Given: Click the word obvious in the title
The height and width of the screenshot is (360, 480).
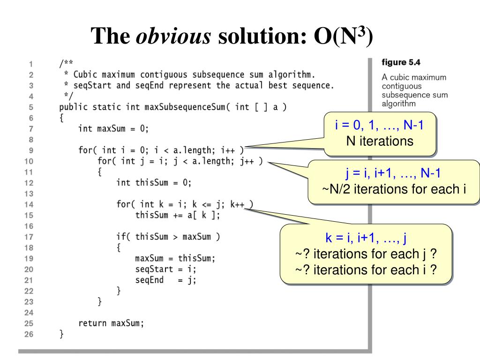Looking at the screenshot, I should click(173, 36).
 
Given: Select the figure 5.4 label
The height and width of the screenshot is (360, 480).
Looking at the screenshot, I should click(401, 62).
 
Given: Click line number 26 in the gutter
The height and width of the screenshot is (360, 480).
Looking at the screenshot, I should click(29, 334).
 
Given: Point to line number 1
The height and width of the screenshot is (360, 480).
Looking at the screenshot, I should click(30, 64).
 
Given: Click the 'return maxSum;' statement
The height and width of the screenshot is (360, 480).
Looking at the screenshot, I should click(111, 323).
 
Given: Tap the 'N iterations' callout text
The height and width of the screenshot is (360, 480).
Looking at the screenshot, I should click(380, 141).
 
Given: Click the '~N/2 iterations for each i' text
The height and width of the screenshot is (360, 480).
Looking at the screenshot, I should click(395, 189).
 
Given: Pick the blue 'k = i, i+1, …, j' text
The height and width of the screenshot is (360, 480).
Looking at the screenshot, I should click(366, 238).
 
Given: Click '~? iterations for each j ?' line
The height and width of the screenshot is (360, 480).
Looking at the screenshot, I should click(366, 254).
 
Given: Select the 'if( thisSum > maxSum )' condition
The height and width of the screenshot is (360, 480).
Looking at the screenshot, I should click(168, 237).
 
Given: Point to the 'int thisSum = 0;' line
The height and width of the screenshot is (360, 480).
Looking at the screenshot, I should click(154, 182).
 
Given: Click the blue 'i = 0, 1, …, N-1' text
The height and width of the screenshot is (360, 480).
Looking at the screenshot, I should click(380, 125).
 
